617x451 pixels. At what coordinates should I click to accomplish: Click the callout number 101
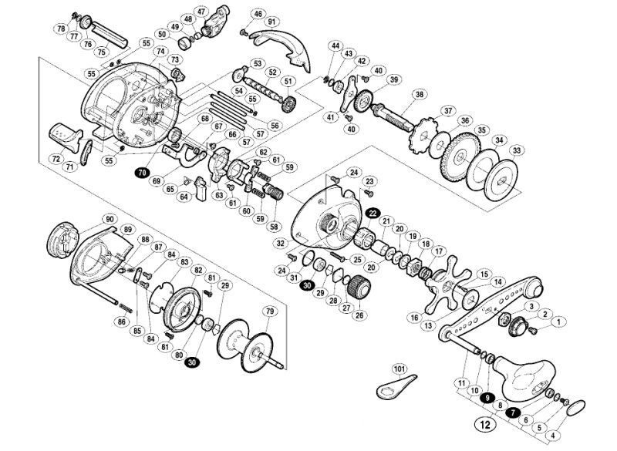pyautogui.click(x=400, y=369)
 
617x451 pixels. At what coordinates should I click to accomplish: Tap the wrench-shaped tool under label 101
pyautogui.click(x=395, y=388)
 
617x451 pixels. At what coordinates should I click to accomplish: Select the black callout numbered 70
pyautogui.click(x=143, y=172)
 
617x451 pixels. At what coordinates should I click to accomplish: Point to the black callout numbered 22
pyautogui.click(x=373, y=213)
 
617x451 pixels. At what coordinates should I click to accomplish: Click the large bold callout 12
pyautogui.click(x=486, y=425)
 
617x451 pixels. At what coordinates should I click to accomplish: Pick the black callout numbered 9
pyautogui.click(x=488, y=398)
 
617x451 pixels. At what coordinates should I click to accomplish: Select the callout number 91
pyautogui.click(x=271, y=22)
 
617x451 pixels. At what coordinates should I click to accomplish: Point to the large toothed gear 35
pyautogui.click(x=460, y=157)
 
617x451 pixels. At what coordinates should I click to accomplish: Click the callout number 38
pyautogui.click(x=420, y=94)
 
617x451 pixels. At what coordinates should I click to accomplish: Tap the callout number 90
pyautogui.click(x=110, y=219)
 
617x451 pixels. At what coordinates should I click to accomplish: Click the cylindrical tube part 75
pyautogui.click(x=110, y=35)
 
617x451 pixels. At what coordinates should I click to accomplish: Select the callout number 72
pyautogui.click(x=56, y=159)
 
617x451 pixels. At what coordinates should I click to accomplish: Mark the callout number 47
pyautogui.click(x=201, y=12)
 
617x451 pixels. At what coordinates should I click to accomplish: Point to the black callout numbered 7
pyautogui.click(x=513, y=412)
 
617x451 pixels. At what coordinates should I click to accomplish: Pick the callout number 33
pyautogui.click(x=518, y=150)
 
